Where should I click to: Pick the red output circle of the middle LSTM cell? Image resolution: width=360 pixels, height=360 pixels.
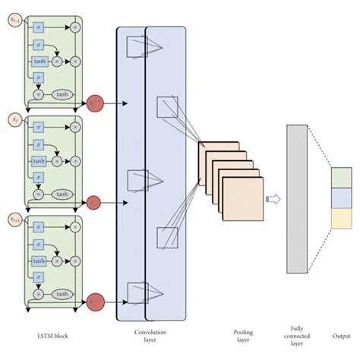tap(95, 202)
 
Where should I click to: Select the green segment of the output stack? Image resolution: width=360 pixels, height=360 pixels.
tap(342, 177)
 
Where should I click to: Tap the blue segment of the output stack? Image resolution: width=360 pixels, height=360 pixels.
tap(342, 197)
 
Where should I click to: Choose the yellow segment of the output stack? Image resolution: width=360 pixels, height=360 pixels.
tap(342, 218)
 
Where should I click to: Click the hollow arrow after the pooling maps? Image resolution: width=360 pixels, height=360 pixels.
tap(272, 199)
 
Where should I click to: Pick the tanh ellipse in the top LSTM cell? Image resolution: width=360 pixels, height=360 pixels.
tap(62, 96)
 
